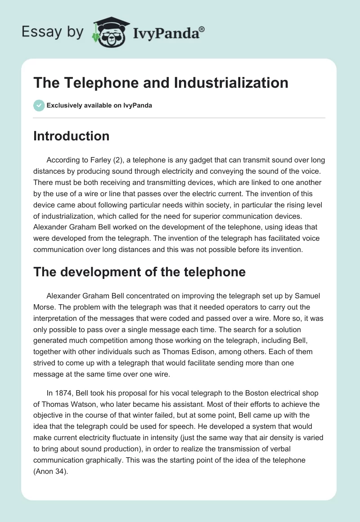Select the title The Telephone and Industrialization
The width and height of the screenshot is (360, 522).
[x=161, y=83]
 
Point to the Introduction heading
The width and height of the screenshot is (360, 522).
[x=71, y=136]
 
